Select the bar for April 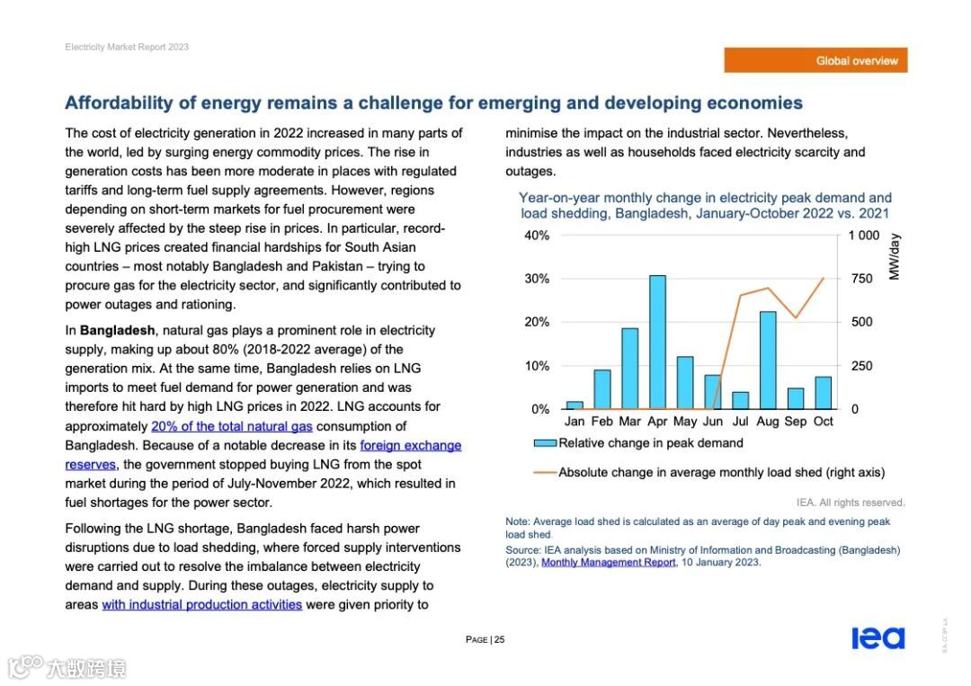(x=657, y=342)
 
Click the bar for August (x=768, y=360)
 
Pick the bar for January (x=575, y=405)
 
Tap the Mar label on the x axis (x=629, y=422)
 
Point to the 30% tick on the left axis (x=538, y=279)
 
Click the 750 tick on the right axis (x=861, y=279)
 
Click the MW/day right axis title (x=894, y=257)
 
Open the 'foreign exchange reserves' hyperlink (x=410, y=446)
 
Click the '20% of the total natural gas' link (x=231, y=426)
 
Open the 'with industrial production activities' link (x=201, y=604)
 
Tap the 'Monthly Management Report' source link (x=608, y=563)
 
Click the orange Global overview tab (x=815, y=60)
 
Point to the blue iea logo (x=877, y=638)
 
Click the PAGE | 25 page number (x=485, y=640)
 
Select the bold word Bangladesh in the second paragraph (x=117, y=330)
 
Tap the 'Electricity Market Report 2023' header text (x=127, y=47)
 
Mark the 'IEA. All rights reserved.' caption (x=851, y=503)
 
